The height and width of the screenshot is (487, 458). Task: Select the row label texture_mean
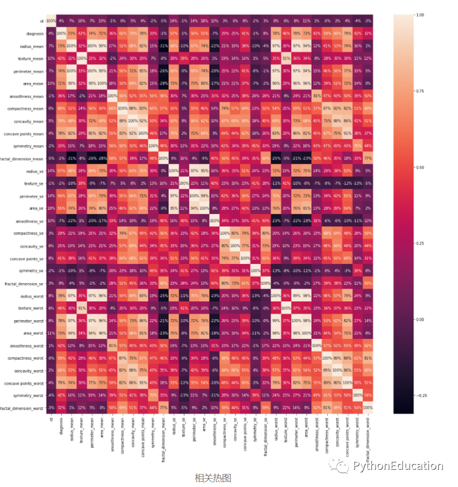31,58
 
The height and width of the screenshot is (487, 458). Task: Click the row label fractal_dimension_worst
22,407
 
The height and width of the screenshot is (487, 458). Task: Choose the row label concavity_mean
30,121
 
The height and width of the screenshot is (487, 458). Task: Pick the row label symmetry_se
32,270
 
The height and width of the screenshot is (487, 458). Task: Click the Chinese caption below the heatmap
213,478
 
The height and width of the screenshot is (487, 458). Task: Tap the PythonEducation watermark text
398,466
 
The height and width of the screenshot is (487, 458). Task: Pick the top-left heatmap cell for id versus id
51,21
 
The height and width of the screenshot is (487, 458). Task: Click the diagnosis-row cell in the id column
51,33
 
